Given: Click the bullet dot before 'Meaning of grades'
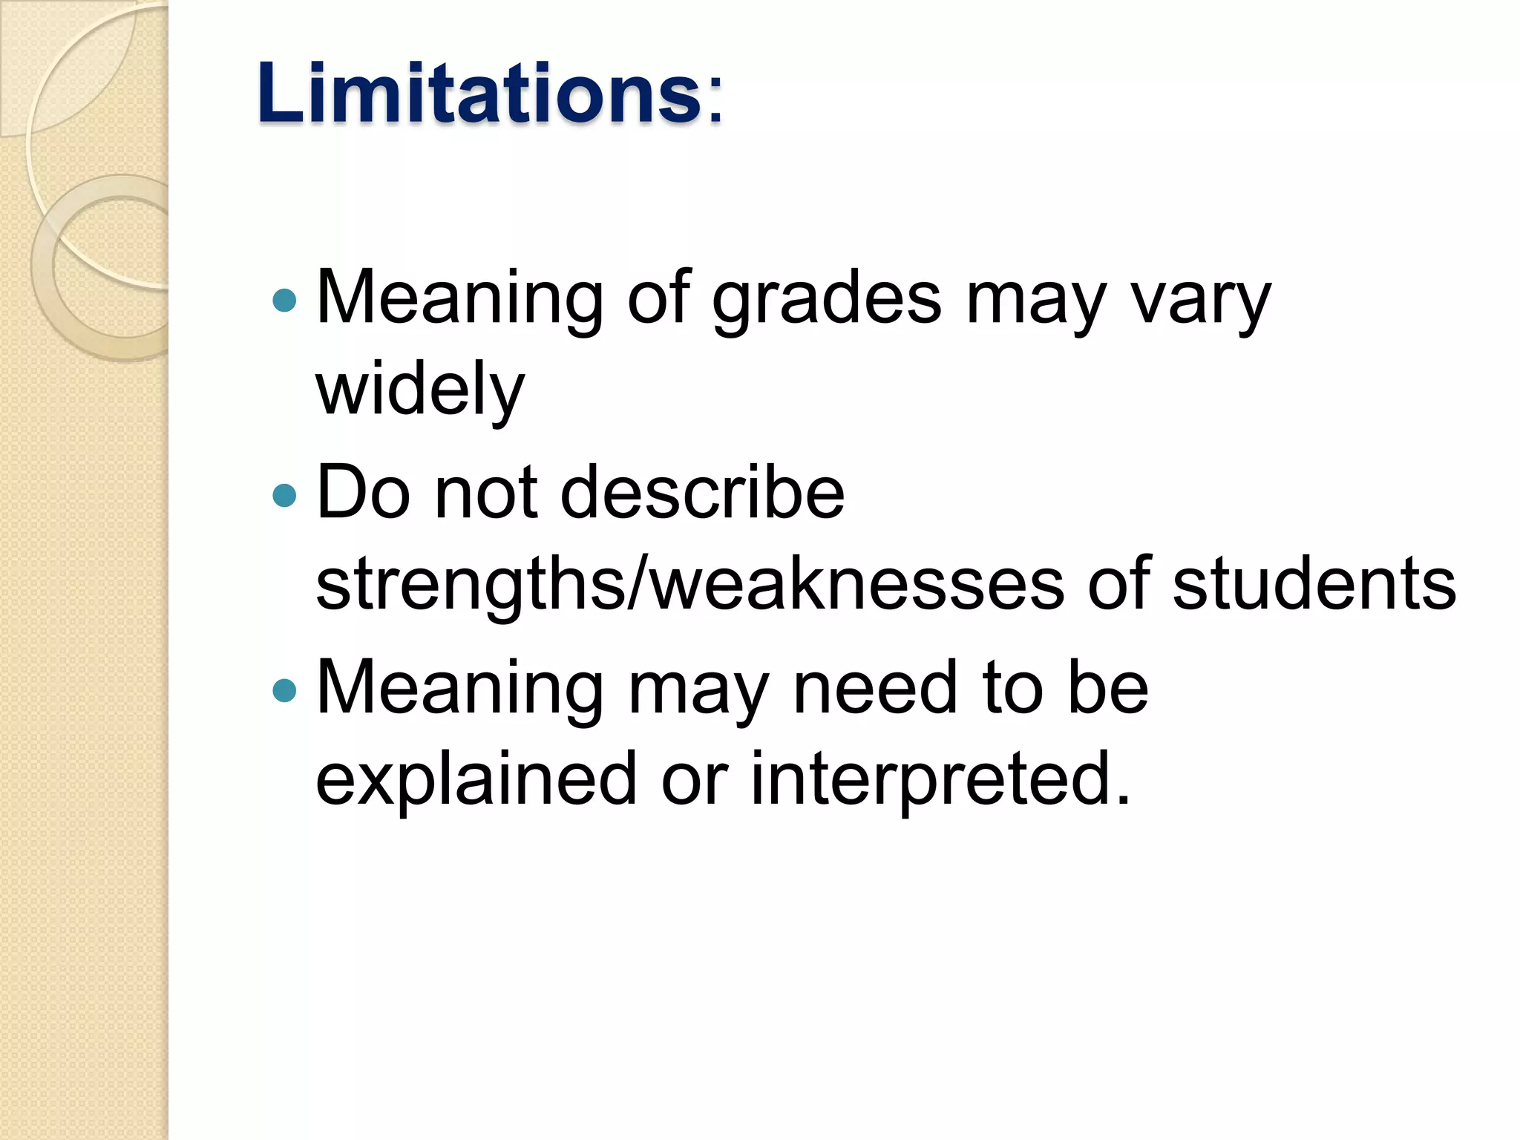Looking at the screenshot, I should [x=284, y=301].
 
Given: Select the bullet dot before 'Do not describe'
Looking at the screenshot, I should [x=284, y=495].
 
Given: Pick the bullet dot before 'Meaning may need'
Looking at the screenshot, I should [x=284, y=690].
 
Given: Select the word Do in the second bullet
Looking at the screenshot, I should [x=363, y=494].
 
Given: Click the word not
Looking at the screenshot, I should [x=486, y=494].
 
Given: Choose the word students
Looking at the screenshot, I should [x=1314, y=584].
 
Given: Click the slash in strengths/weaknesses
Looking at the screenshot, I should [x=637, y=584].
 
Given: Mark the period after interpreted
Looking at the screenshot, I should [x=1122, y=800].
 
